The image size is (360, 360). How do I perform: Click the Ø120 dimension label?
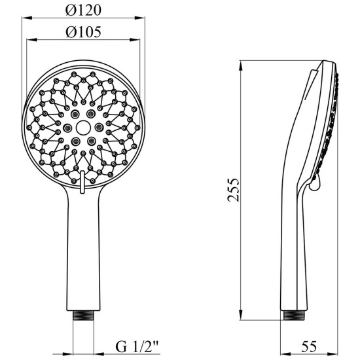pyautogui.click(x=83, y=10)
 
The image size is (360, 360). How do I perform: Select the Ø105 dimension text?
pyautogui.click(x=83, y=32)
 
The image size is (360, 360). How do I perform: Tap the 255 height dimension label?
pyautogui.click(x=234, y=190)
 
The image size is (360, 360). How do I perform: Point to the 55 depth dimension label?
pyautogui.click(x=309, y=346)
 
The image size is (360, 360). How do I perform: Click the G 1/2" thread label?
pyautogui.click(x=137, y=347)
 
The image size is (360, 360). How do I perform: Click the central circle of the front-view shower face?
pyautogui.click(x=83, y=128)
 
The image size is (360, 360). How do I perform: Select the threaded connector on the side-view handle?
pyautogui.click(x=294, y=315)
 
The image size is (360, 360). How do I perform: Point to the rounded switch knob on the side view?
pyautogui.click(x=315, y=183)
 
